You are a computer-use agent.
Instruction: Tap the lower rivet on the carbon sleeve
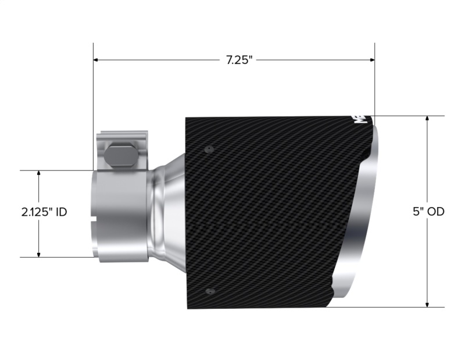click(x=210, y=291)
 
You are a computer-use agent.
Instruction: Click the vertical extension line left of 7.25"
click(x=93, y=105)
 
